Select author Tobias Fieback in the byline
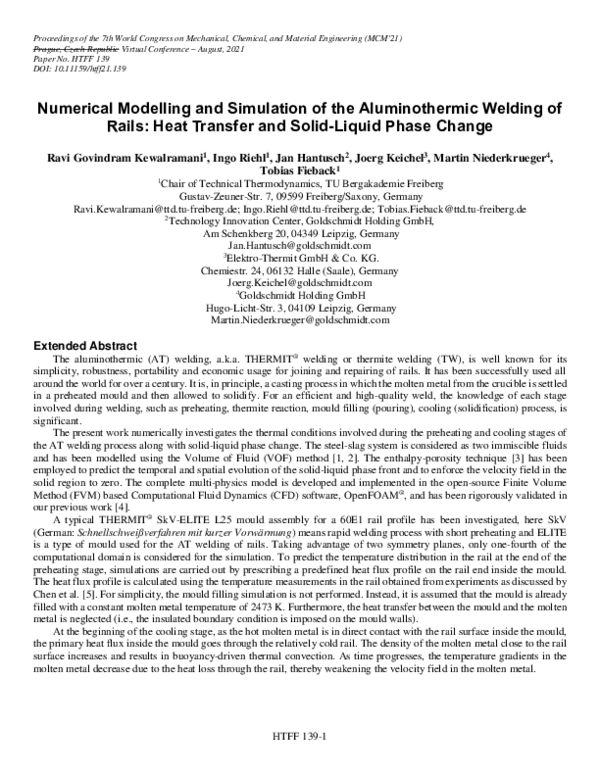pyautogui.click(x=298, y=172)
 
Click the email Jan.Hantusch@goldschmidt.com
pyautogui.click(x=299, y=246)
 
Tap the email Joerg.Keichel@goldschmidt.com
pyautogui.click(x=299, y=283)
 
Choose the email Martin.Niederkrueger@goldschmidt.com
pyautogui.click(x=299, y=320)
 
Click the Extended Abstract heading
pyautogui.click(x=78, y=343)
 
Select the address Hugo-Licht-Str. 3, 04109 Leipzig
pyautogui.click(x=299, y=308)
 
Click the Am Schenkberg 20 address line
pyautogui.click(x=299, y=234)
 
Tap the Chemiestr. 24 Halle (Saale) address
pyautogui.click(x=299, y=271)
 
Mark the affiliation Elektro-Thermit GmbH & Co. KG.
pyautogui.click(x=299, y=259)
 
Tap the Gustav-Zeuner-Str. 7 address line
pyautogui.click(x=299, y=197)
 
